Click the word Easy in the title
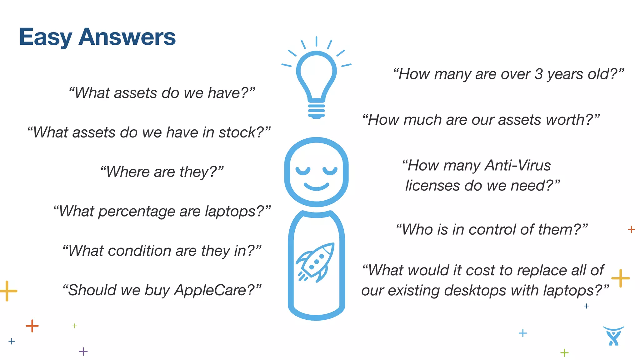pos(46,37)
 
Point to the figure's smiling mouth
pos(316,187)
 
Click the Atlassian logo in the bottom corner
pos(613,336)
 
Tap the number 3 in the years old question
pos(538,74)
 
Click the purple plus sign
pos(83,352)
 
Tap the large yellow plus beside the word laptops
pos(620,278)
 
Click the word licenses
pos(432,186)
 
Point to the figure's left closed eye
pos(303,171)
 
